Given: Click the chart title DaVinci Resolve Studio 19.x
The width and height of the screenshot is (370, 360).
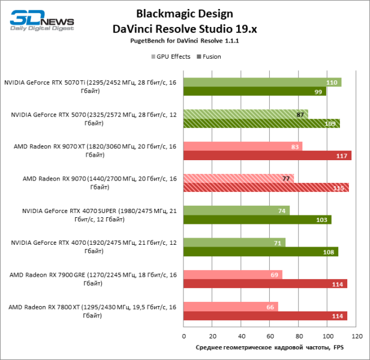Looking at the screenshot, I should click(x=184, y=28).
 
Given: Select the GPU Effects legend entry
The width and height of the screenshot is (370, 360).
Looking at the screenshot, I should click(x=171, y=56).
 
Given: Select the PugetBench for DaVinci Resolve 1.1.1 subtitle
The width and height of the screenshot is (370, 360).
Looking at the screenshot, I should click(x=184, y=43).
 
